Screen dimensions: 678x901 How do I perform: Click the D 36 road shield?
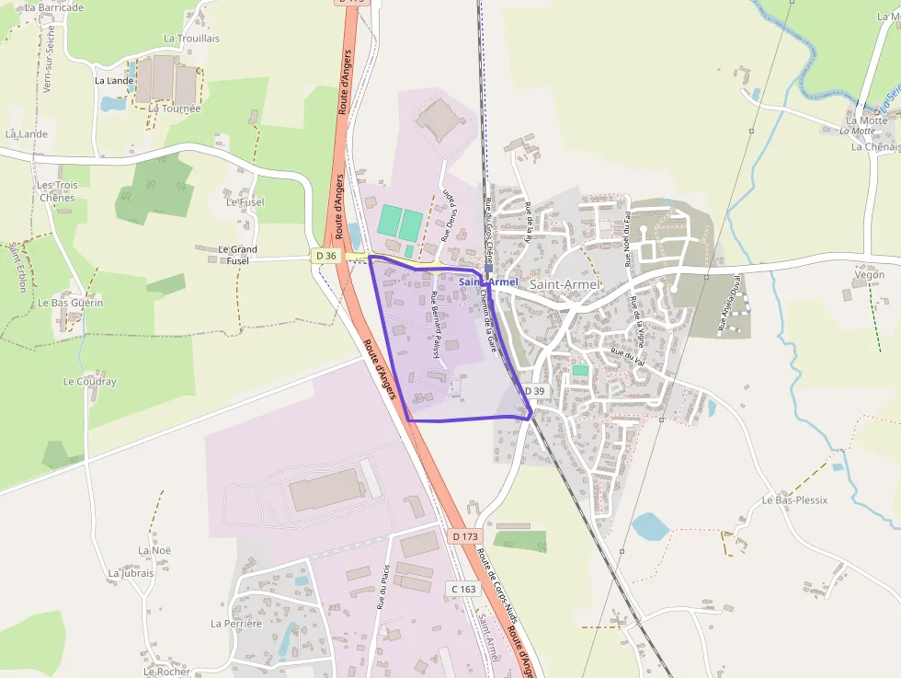click(x=325, y=255)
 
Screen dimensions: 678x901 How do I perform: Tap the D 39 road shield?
click(x=535, y=391)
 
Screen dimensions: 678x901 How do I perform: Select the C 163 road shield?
click(x=463, y=588)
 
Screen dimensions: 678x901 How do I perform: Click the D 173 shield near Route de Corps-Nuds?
click(x=466, y=535)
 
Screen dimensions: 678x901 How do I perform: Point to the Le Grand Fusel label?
click(x=237, y=255)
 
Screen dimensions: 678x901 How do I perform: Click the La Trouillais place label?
click(x=191, y=39)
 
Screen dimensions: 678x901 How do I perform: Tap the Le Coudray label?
click(x=89, y=381)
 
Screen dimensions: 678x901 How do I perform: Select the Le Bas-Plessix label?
click(x=794, y=500)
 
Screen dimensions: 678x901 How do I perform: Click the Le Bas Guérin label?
click(x=70, y=303)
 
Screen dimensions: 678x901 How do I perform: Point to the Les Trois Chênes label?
click(x=57, y=191)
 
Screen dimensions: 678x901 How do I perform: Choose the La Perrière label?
click(x=236, y=623)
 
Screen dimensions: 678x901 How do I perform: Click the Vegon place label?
click(x=870, y=275)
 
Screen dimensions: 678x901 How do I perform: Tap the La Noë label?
click(x=154, y=550)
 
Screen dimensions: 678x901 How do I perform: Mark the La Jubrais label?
click(x=131, y=573)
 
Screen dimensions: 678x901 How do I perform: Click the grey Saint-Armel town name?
click(x=565, y=285)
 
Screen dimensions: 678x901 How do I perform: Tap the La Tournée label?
click(x=174, y=108)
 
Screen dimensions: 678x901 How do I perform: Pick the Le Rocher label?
click(x=166, y=672)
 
